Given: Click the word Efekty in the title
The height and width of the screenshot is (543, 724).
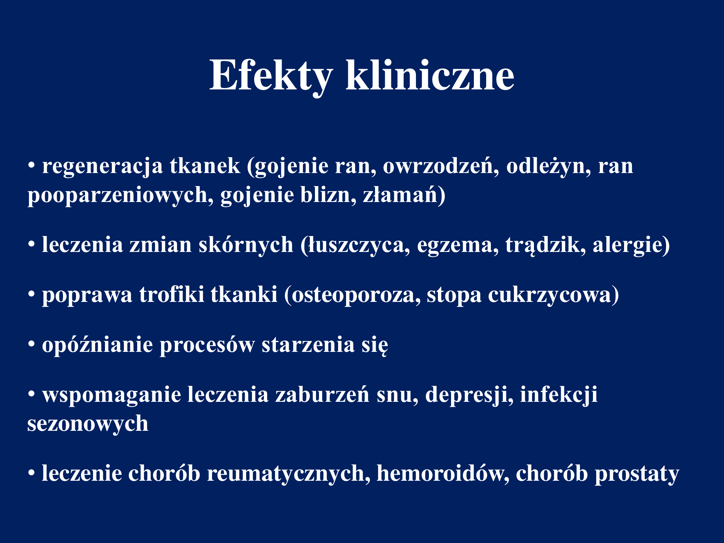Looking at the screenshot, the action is pos(271,76).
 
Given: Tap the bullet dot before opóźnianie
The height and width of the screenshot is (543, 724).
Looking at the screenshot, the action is pos(31,344).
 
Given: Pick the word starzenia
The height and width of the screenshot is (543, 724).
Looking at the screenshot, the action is pos(308,345).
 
